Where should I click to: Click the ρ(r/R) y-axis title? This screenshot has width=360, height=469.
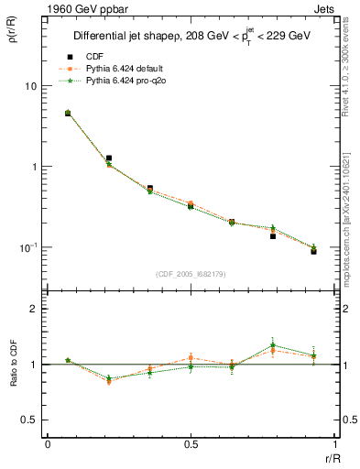(x=11, y=33)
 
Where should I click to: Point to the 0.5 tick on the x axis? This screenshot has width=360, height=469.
(x=191, y=445)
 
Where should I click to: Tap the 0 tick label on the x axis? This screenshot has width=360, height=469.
(x=48, y=445)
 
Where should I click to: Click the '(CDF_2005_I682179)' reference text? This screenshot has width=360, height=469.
(x=191, y=273)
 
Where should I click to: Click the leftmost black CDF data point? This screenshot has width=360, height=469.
(x=68, y=114)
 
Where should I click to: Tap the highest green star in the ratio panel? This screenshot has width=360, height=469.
(x=273, y=345)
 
